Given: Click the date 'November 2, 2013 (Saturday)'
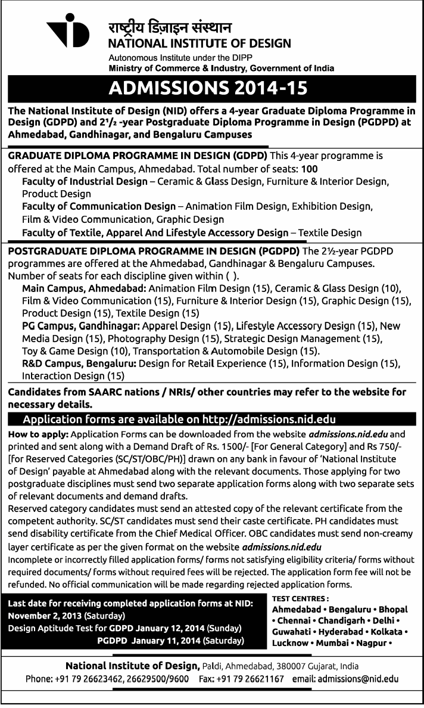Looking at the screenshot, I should [66, 615].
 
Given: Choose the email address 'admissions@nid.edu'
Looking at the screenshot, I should [357, 678].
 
